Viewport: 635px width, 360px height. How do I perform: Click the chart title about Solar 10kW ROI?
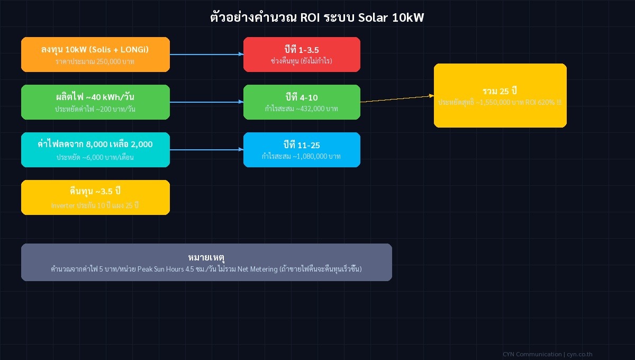click(317, 17)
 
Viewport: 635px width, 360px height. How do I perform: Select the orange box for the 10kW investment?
click(95, 54)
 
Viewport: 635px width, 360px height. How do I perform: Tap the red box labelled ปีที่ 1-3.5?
click(302, 54)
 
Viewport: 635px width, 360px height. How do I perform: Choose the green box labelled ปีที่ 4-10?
click(302, 102)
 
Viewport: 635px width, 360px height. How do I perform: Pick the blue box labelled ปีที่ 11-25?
click(302, 149)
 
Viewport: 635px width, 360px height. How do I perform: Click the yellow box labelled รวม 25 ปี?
click(500, 95)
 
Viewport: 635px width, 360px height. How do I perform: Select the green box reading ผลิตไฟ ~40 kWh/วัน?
click(95, 102)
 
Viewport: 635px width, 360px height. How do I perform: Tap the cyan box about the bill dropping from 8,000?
click(95, 149)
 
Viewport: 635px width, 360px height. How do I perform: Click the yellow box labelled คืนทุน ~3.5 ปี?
click(95, 197)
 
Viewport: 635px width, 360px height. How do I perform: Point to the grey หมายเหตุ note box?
click(206, 262)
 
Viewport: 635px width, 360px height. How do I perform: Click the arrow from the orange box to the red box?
click(206, 54)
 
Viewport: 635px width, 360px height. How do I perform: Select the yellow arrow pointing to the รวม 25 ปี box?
click(397, 98)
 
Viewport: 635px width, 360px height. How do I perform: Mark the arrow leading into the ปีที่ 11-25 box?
click(206, 149)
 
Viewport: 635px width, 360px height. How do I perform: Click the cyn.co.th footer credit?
click(579, 354)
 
